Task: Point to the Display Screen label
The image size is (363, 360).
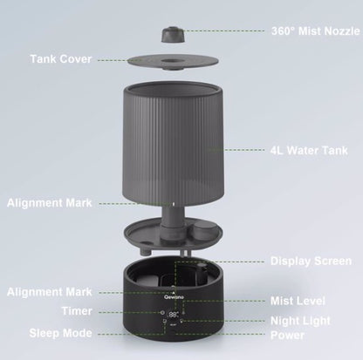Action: click(310, 260)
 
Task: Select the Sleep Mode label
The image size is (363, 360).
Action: click(60, 332)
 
